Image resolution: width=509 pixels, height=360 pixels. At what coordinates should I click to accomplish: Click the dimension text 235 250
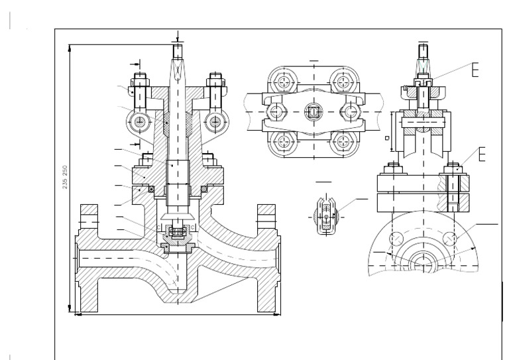(65, 176)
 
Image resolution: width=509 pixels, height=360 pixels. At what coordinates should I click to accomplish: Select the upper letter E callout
(474, 70)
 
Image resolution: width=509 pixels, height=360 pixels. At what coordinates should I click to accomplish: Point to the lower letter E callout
(482, 155)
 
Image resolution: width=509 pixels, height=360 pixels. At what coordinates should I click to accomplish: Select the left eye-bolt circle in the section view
(140, 121)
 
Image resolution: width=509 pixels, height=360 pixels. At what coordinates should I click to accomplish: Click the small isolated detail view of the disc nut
(326, 214)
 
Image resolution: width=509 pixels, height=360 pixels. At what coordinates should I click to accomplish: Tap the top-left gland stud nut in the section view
(140, 83)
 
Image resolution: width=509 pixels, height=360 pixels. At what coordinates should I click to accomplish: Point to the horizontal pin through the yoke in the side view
(424, 122)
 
